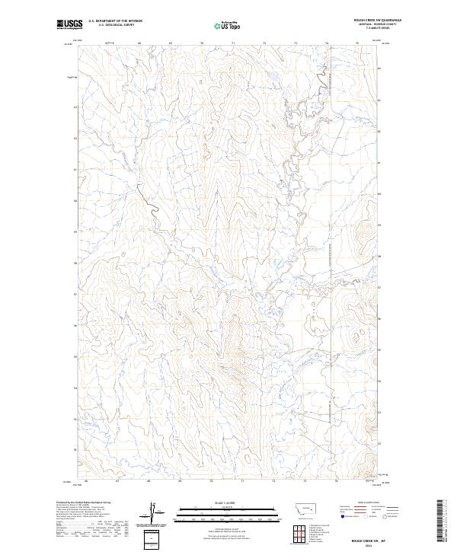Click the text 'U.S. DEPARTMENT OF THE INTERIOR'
pyautogui.click(x=115, y=21)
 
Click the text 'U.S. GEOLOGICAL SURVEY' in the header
pyautogui.click(x=115, y=25)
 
